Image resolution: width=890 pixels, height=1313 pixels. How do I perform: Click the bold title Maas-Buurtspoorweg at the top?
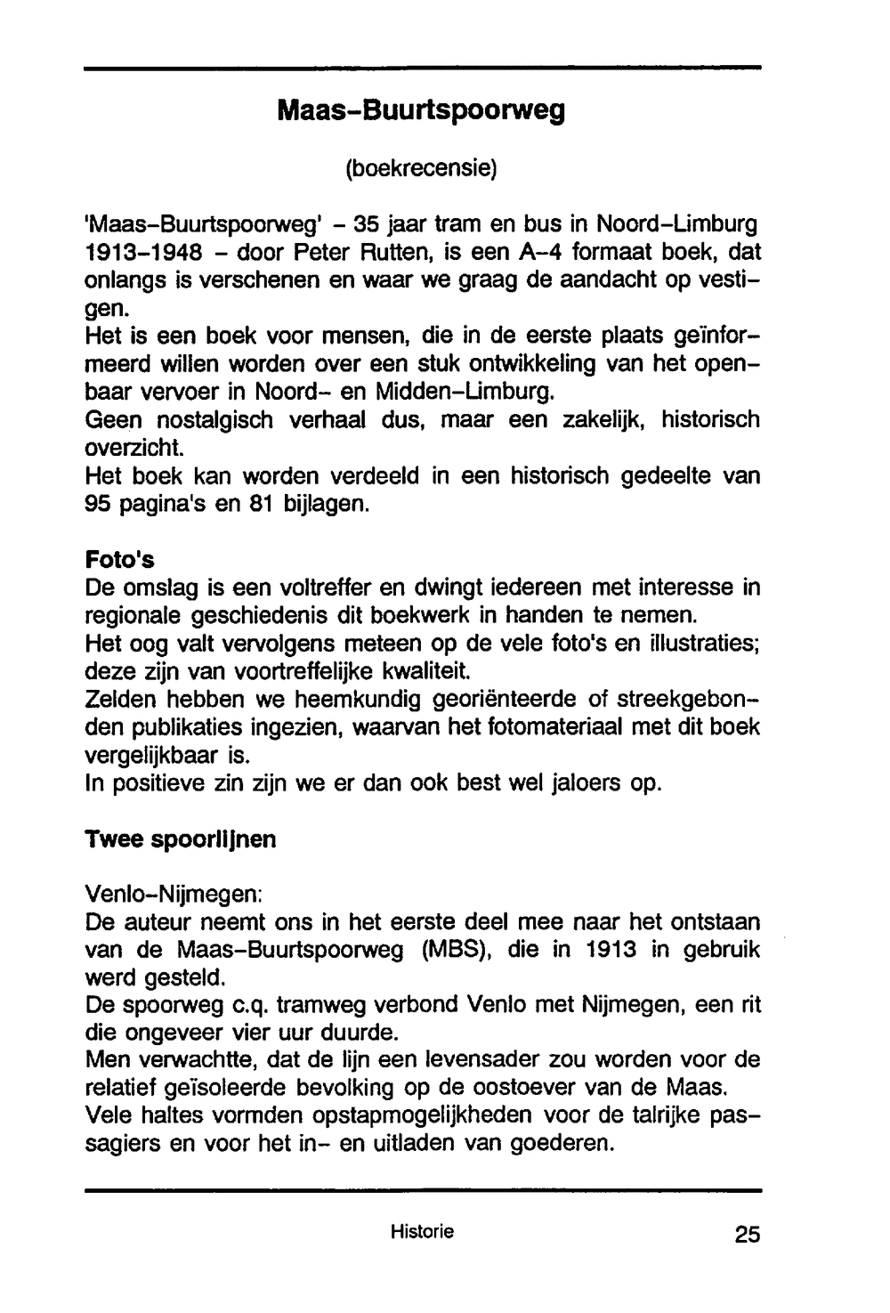click(x=421, y=112)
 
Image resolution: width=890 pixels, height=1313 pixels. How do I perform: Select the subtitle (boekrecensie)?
click(x=421, y=167)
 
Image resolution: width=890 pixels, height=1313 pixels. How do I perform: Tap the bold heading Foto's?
click(x=119, y=560)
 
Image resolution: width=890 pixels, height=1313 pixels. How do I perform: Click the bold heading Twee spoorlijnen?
click(x=180, y=839)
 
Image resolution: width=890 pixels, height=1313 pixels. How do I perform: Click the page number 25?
click(x=748, y=1235)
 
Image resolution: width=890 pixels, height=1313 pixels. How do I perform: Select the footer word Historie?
click(x=422, y=1232)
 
